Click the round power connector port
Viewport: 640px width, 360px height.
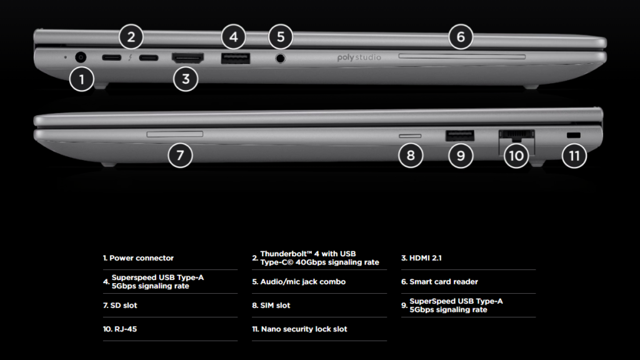point(81,57)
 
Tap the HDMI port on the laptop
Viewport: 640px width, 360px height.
point(187,58)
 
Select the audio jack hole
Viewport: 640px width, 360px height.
point(280,58)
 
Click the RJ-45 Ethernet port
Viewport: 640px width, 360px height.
point(517,135)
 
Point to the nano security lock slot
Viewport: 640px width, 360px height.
point(574,135)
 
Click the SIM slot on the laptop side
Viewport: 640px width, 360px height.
point(410,136)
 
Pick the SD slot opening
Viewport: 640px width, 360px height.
point(175,134)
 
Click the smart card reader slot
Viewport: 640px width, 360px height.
point(462,57)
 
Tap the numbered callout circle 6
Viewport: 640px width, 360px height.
point(461,37)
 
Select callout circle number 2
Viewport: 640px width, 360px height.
point(131,37)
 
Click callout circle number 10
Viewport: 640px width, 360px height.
point(516,156)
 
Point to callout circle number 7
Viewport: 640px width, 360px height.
point(180,155)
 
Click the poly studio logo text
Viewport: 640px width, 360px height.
point(359,57)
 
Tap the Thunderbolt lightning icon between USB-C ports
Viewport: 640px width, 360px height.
point(130,57)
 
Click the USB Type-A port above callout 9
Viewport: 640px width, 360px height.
point(460,135)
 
